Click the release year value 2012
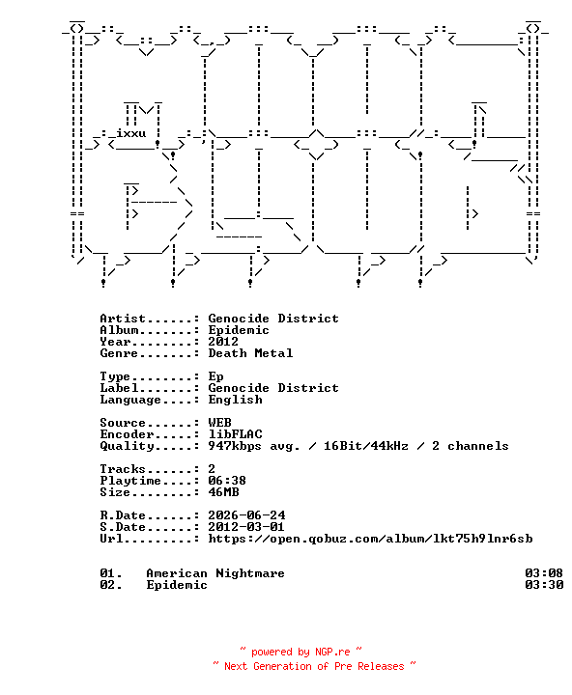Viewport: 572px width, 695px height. tap(223, 342)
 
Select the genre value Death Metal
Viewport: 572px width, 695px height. tap(250, 353)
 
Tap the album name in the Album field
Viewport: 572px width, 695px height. tap(239, 330)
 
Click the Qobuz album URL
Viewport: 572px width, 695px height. tap(370, 539)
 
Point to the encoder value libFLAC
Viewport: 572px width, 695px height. tap(235, 434)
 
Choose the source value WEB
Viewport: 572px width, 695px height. tap(219, 423)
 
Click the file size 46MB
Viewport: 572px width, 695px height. tap(223, 492)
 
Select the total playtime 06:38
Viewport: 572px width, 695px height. tap(227, 481)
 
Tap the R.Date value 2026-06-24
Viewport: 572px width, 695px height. tap(246, 515)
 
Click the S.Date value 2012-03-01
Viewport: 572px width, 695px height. tap(246, 527)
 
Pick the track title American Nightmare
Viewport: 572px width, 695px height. tap(215, 573)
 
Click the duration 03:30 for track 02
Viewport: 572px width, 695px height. tap(544, 585)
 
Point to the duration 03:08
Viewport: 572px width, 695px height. tap(544, 573)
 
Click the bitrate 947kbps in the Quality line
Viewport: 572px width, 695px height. tap(235, 446)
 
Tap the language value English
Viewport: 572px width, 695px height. tap(235, 400)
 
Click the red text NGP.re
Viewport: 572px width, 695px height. tap(332, 652)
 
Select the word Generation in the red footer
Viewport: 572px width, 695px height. tap(282, 666)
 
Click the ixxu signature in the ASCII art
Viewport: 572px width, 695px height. tap(130, 133)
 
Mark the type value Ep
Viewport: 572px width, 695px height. tap(215, 376)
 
